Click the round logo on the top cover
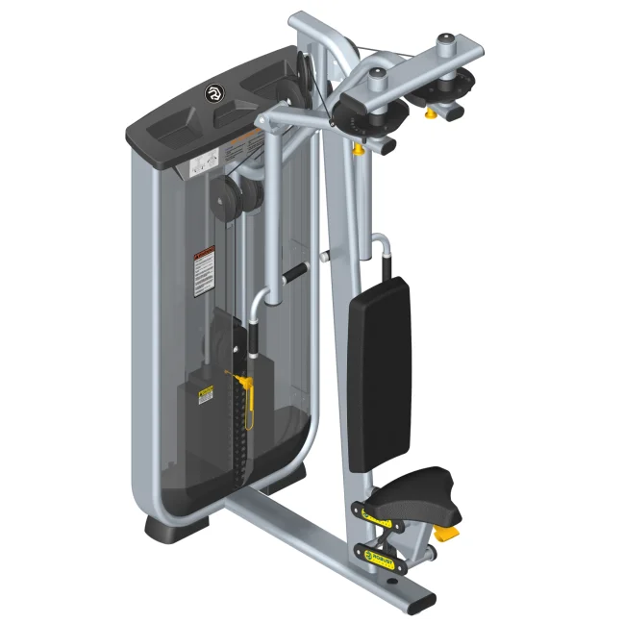pos(212,93)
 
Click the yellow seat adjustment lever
pos(446,532)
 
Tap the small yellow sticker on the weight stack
pos(205,395)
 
